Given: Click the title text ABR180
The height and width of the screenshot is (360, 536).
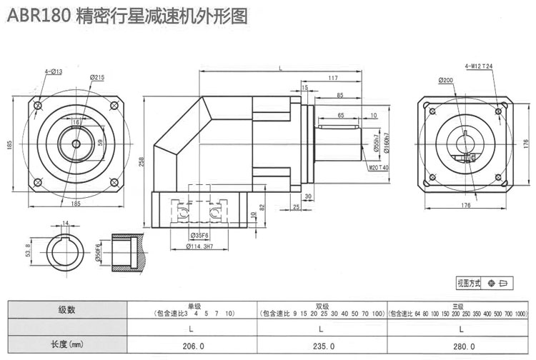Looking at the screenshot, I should tap(38, 16).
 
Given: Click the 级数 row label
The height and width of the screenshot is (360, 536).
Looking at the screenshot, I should tap(66, 310).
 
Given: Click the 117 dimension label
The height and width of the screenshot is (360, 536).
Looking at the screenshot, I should tap(333, 77).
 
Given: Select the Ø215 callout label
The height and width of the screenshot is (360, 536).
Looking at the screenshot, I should tap(98, 77).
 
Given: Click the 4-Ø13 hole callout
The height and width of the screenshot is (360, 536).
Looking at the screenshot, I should tap(54, 71).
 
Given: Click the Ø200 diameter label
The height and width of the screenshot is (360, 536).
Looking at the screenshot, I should tap(446, 80).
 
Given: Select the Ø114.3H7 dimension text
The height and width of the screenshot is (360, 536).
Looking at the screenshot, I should tap(198, 246).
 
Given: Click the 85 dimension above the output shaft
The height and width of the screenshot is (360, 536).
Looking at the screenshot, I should tap(339, 95).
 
